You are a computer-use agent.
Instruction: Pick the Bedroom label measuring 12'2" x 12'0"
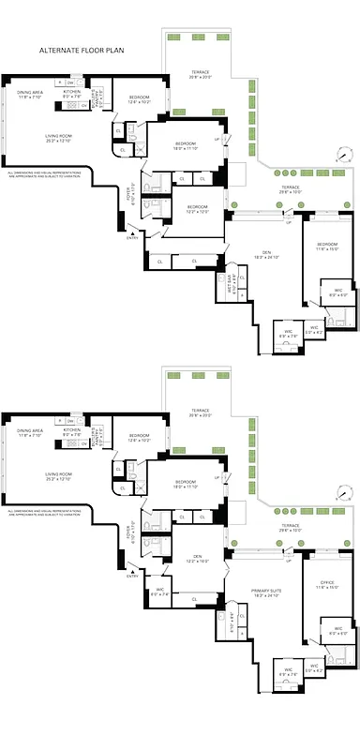click(197, 209)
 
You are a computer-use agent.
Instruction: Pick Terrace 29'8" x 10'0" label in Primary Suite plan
click(290, 528)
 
